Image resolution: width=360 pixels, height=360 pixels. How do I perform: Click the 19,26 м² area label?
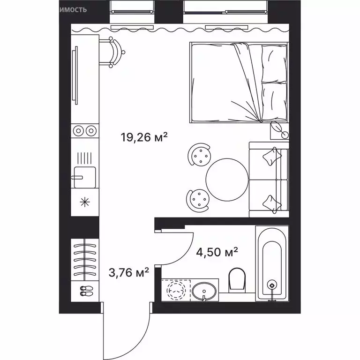click(144, 138)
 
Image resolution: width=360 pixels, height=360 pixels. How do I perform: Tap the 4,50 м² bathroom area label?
click(217, 253)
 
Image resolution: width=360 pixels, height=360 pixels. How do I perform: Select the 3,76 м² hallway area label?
click(128, 272)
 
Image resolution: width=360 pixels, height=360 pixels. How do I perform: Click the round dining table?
click(226, 179)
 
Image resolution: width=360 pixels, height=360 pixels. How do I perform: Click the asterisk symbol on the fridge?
click(84, 203)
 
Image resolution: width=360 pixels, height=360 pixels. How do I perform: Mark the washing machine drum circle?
click(176, 290)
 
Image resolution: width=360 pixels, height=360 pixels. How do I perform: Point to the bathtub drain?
click(271, 284)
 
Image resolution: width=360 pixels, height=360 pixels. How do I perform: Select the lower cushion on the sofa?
click(271, 202)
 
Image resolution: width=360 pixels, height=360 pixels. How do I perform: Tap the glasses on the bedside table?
click(279, 130)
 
